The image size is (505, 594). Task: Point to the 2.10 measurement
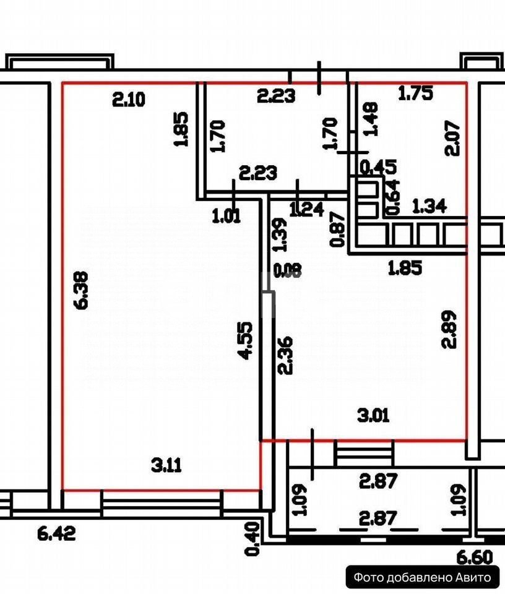point(129,98)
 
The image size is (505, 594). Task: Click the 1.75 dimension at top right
point(415,93)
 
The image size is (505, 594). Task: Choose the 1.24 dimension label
point(306,210)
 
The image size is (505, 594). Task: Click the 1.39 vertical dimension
point(280,235)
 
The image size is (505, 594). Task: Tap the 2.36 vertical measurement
point(285,355)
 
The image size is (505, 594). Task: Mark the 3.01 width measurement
point(373,415)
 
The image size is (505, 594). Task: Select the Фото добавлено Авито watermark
point(422,578)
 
